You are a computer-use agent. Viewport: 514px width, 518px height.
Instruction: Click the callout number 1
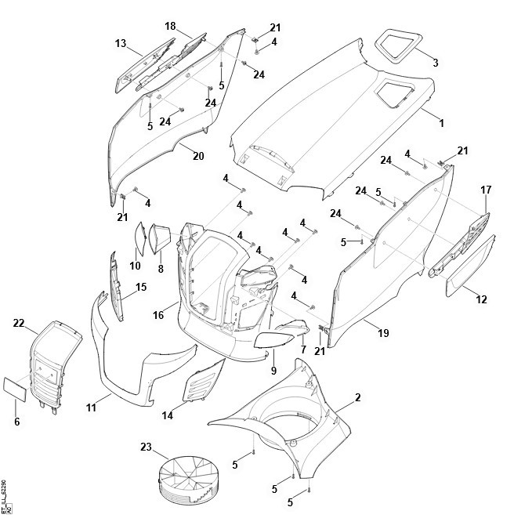441,123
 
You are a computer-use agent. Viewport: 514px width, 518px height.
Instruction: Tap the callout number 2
358,398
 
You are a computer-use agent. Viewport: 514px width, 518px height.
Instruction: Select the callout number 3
435,62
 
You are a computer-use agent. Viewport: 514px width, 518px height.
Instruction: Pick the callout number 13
121,43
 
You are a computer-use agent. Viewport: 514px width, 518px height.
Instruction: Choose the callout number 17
486,190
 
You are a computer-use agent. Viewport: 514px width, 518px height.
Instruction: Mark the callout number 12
481,299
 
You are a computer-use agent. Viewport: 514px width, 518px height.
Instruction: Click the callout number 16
158,315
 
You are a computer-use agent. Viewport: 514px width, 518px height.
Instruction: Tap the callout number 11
92,408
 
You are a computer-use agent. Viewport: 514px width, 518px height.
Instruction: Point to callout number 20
198,156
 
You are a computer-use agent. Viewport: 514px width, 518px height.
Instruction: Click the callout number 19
382,333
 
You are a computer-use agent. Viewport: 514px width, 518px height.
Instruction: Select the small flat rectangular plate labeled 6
15,388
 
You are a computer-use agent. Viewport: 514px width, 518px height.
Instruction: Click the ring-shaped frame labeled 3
398,42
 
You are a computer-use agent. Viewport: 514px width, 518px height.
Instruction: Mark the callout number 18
170,26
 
